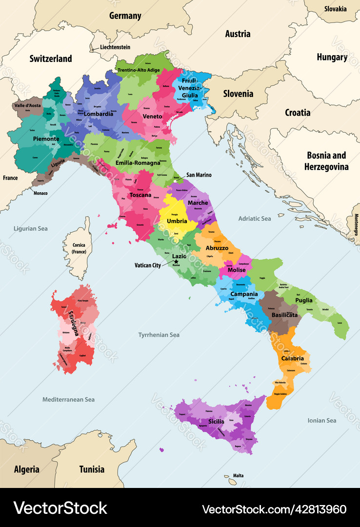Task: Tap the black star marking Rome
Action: pyautogui.click(x=176, y=262)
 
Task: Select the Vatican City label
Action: pyautogui.click(x=148, y=265)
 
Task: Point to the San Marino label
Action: pyautogui.click(x=199, y=175)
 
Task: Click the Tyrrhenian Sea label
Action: pyautogui.click(x=159, y=335)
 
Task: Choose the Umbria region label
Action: pyautogui.click(x=177, y=221)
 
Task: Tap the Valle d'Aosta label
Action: pyautogui.click(x=27, y=105)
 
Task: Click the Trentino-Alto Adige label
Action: pyautogui.click(x=139, y=70)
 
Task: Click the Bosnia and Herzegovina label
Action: pyautogui.click(x=326, y=161)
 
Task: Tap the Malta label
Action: pyautogui.click(x=238, y=475)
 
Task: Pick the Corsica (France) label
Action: pyautogui.click(x=79, y=248)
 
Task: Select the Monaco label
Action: pyautogui.click(x=40, y=193)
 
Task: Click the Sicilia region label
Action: pyautogui.click(x=216, y=421)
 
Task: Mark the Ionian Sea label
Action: pyautogui.click(x=322, y=420)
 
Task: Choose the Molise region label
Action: pyautogui.click(x=237, y=270)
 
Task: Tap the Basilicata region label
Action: pyautogui.click(x=285, y=315)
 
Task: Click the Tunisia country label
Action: pyautogui.click(x=92, y=469)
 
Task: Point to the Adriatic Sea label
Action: pyautogui.click(x=254, y=219)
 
